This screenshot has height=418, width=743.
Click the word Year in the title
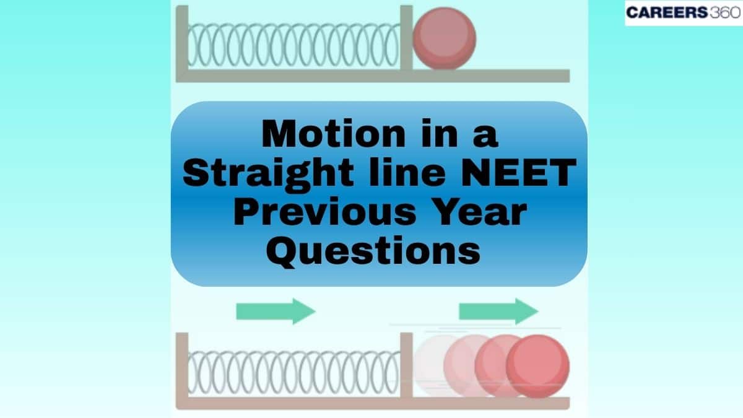point(477,213)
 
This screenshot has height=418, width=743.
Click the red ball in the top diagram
point(444,38)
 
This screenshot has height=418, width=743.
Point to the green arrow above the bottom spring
point(276,311)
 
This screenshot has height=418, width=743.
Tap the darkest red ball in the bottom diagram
point(537,366)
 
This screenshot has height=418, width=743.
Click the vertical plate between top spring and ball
point(406,37)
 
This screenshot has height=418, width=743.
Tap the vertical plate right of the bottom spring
point(406,365)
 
